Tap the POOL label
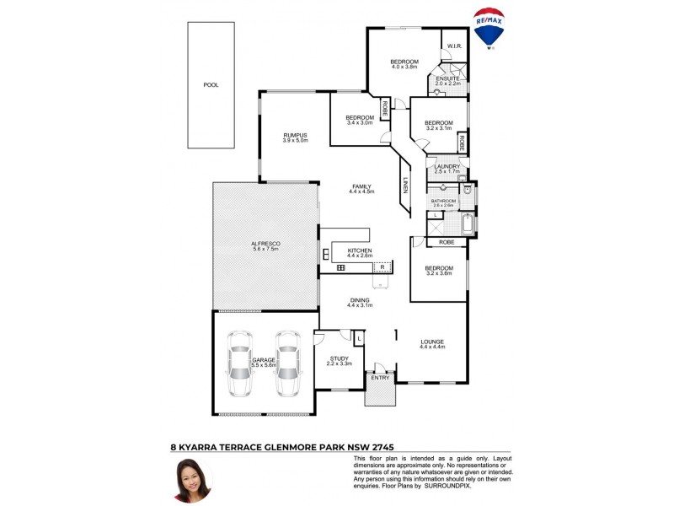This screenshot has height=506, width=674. pos(211,85)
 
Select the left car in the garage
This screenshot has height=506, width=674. pos(240,363)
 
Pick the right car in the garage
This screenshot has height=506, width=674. pos(288,363)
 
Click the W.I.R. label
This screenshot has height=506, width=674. pos(452,46)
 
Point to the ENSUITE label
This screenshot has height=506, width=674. pos(447,78)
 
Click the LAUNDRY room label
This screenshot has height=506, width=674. pos(446,166)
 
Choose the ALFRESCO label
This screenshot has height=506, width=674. pos(265,243)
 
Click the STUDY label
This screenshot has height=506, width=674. pos(339,358)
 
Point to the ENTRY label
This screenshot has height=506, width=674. pos(380,377)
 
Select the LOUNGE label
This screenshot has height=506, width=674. pos(432,342)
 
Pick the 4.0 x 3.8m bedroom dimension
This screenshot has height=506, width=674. pos(404,67)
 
